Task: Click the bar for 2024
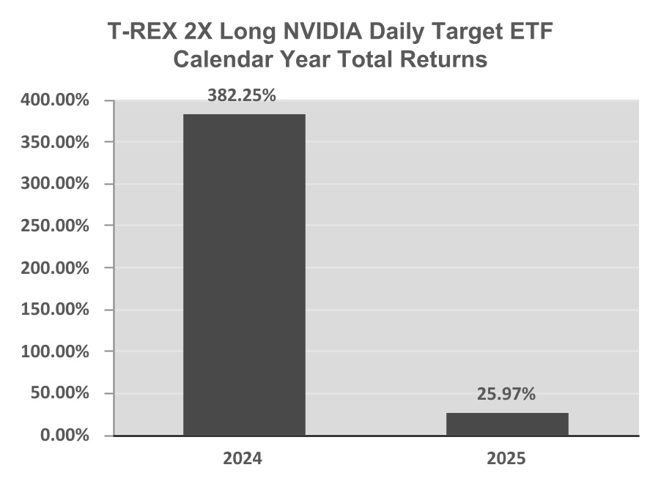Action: [244, 275]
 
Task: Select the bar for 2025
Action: [508, 424]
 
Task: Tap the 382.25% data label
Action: [242, 96]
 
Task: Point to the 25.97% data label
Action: [506, 395]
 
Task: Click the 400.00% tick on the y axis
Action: [55, 100]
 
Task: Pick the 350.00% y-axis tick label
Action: [55, 142]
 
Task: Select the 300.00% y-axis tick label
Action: [55, 184]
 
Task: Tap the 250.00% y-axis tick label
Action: [55, 225]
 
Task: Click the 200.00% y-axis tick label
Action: [55, 268]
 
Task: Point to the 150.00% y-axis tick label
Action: [55, 310]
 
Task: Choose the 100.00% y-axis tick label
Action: [55, 351]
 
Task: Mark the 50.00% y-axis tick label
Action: [59, 393]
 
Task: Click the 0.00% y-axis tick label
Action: [64, 435]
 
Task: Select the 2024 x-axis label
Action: [243, 458]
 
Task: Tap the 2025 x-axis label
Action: [506, 458]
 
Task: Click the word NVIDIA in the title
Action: [322, 31]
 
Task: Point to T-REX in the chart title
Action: [142, 31]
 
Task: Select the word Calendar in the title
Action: [223, 59]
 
